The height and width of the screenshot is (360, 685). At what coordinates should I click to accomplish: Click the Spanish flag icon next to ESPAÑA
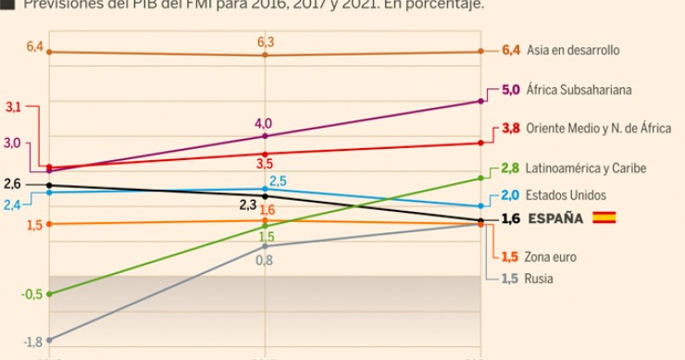pos(604,218)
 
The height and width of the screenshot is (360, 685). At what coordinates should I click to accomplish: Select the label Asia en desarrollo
pos(573,51)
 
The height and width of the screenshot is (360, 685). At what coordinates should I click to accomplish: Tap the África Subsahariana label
pos(579,91)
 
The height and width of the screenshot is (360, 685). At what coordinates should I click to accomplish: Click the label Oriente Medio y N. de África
pos(598,129)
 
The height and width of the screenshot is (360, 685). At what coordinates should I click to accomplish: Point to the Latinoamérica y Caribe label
pos(585,168)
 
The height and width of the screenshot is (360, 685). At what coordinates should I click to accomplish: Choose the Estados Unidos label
pos(567,195)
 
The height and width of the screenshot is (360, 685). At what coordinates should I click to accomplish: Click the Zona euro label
pos(551,257)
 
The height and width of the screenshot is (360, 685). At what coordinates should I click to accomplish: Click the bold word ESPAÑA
pos(555,219)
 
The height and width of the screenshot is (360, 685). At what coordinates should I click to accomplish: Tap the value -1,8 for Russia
pos(31,342)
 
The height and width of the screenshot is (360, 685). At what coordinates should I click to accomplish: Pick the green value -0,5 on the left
pos(31,294)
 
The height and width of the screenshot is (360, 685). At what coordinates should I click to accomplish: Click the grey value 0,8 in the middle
pos(264,261)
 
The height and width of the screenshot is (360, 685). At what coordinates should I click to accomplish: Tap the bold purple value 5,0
pos(511,91)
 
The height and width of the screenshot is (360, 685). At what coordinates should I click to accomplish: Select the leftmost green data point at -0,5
pos(49,294)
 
